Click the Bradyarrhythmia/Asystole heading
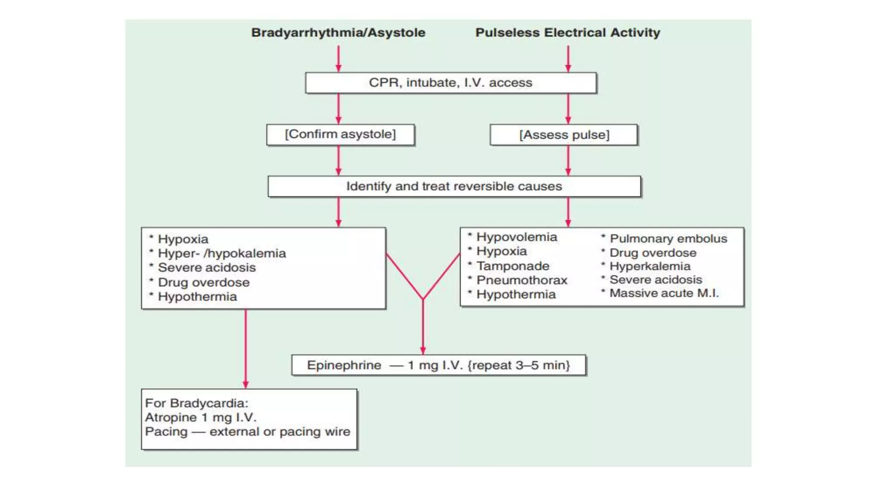pyautogui.click(x=338, y=33)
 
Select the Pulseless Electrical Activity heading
pyautogui.click(x=568, y=33)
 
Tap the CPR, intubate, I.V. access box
pyautogui.click(x=451, y=83)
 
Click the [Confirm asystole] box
pyautogui.click(x=340, y=134)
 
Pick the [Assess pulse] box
pyautogui.click(x=564, y=135)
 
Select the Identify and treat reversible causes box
pyautogui.click(x=454, y=187)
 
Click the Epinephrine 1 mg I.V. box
pyautogui.click(x=438, y=365)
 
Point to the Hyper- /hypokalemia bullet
pyautogui.click(x=218, y=254)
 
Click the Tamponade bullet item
pyautogui.click(x=508, y=266)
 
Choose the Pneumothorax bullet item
pyautogui.click(x=518, y=280)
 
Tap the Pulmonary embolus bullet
pyautogui.click(x=664, y=238)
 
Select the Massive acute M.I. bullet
pyautogui.click(x=660, y=293)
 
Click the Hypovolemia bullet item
pyautogui.click(x=512, y=237)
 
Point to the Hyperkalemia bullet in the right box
pyautogui.click(x=646, y=266)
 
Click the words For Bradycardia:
pyautogui.click(x=196, y=403)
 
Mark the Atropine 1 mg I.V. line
pyautogui.click(x=201, y=417)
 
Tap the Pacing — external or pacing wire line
pyautogui.click(x=248, y=432)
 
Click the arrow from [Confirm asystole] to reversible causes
pyautogui.click(x=339, y=160)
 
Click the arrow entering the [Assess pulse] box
pyautogui.click(x=568, y=109)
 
